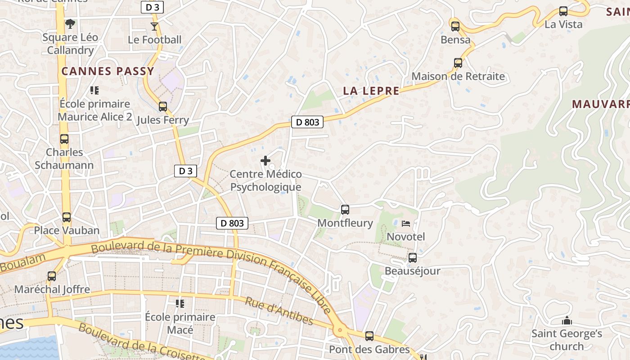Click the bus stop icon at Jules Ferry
(x=163, y=107)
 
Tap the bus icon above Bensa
(x=455, y=26)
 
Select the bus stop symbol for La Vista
(x=563, y=11)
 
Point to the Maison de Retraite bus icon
(x=458, y=63)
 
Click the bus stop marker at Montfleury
(x=345, y=209)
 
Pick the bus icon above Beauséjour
(x=412, y=258)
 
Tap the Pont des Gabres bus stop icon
(x=369, y=336)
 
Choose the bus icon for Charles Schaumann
(x=64, y=139)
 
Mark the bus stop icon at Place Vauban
(x=67, y=217)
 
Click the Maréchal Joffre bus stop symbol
(x=52, y=276)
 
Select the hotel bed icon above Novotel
(x=406, y=223)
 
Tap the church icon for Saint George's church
(x=567, y=321)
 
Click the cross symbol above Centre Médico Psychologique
(x=265, y=160)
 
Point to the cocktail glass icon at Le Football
(x=154, y=26)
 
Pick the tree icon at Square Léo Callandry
(x=70, y=23)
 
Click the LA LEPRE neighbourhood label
(x=371, y=91)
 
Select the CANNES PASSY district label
(x=108, y=71)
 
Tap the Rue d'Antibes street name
(x=279, y=311)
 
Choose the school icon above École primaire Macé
(x=180, y=303)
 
